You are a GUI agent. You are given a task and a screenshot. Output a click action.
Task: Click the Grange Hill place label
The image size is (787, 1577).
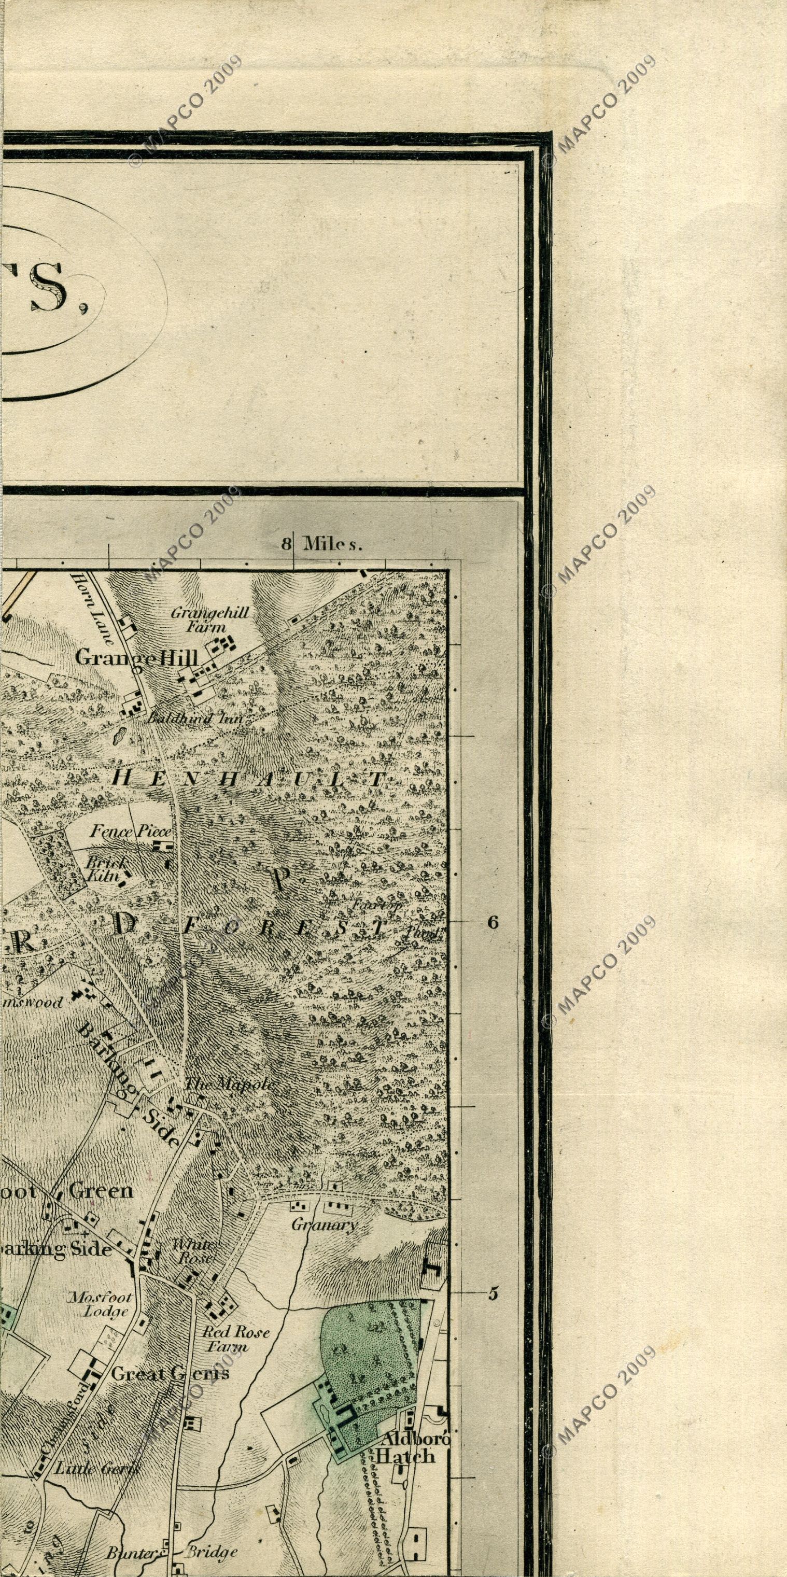(x=136, y=658)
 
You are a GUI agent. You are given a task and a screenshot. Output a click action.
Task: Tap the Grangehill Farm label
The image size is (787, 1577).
(x=209, y=619)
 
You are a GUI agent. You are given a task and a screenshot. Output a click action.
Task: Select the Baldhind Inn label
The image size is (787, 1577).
(x=195, y=720)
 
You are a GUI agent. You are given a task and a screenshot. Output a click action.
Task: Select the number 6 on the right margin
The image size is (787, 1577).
(x=493, y=922)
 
